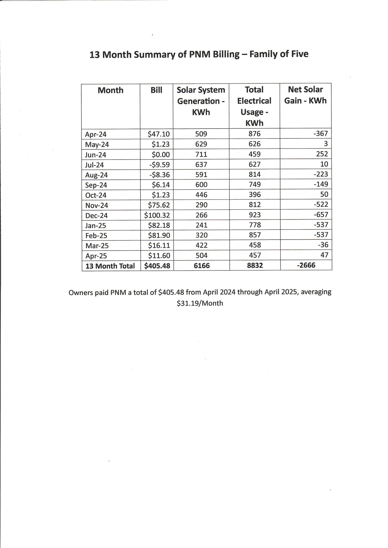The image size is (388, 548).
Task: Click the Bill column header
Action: (x=156, y=90)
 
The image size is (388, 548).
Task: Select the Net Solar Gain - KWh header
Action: (x=305, y=95)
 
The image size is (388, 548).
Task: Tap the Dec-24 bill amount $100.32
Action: (x=157, y=215)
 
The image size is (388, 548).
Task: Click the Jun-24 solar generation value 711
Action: (x=201, y=154)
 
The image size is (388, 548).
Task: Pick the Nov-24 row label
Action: (x=97, y=205)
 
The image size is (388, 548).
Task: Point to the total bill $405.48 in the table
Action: (x=157, y=266)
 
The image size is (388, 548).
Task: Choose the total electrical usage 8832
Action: (x=255, y=265)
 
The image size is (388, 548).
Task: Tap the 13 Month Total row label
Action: (x=110, y=266)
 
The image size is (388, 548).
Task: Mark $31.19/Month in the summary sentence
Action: (x=200, y=303)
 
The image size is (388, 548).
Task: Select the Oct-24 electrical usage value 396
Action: (x=254, y=195)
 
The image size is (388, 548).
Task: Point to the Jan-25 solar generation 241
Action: (x=201, y=225)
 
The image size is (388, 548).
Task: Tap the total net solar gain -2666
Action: (x=306, y=265)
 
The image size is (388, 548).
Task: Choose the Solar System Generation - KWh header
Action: (x=201, y=101)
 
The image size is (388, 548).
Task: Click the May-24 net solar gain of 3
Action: (x=326, y=144)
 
